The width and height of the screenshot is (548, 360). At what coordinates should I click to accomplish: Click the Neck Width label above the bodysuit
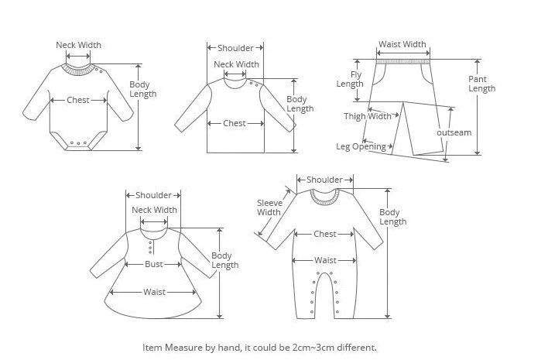click(78, 45)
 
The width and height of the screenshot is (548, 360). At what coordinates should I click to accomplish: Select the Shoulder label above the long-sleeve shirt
click(235, 48)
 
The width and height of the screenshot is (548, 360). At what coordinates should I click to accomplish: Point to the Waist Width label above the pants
click(402, 45)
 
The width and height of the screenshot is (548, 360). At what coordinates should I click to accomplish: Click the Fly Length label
click(350, 79)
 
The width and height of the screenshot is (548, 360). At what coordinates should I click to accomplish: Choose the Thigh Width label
click(368, 117)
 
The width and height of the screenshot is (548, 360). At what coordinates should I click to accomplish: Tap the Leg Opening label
click(361, 146)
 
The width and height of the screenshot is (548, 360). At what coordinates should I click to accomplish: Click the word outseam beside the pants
click(454, 132)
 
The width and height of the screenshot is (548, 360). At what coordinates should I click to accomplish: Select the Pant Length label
click(481, 84)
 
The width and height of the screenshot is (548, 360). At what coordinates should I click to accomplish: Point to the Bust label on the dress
click(154, 264)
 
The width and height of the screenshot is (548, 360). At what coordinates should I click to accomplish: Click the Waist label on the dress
click(153, 292)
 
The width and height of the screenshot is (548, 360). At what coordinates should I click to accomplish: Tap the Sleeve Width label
click(269, 207)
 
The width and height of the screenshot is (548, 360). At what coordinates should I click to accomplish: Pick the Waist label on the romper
click(325, 261)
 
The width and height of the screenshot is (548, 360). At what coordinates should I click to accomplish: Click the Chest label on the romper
click(325, 234)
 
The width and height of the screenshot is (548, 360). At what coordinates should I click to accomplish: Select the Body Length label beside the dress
click(224, 260)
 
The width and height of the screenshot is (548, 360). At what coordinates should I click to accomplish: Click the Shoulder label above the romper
click(324, 180)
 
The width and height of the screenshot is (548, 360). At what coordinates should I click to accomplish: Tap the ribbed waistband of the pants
click(402, 57)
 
